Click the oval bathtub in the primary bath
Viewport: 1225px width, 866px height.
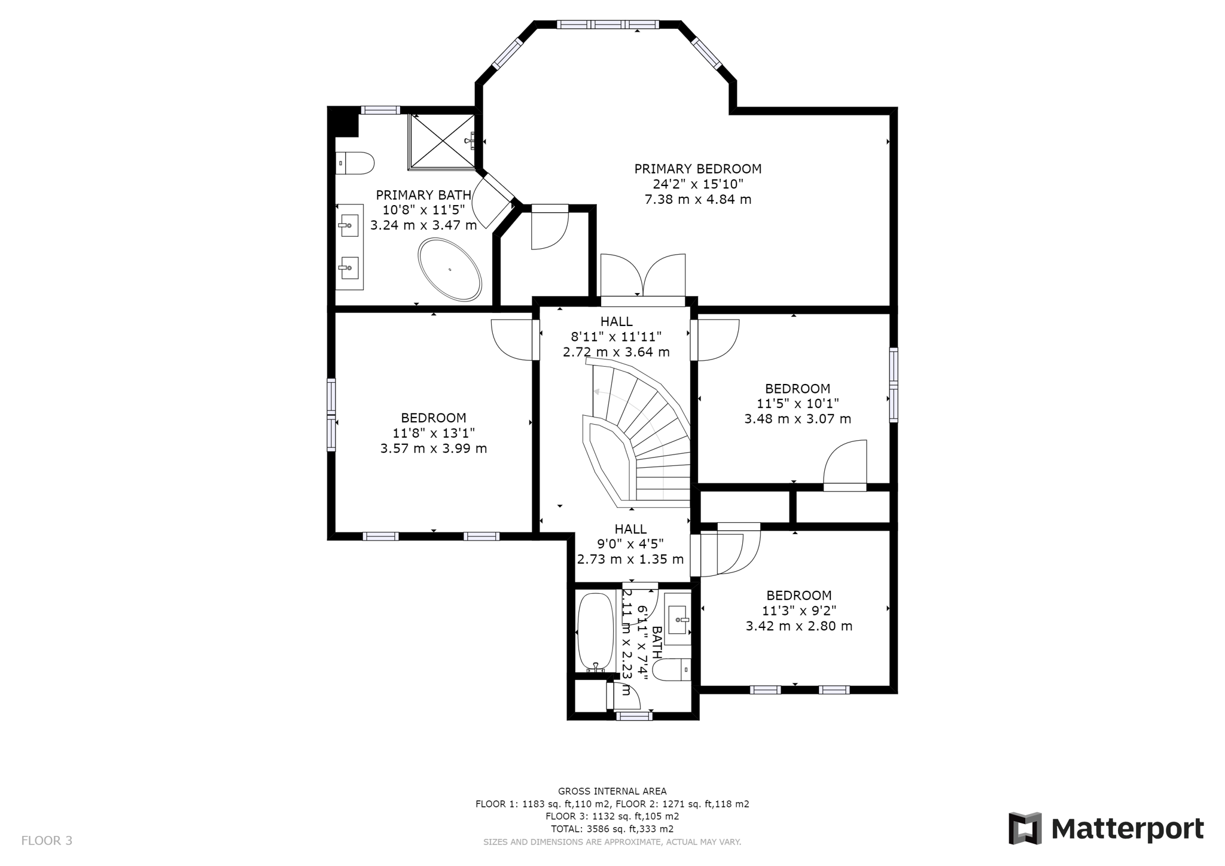[449, 270]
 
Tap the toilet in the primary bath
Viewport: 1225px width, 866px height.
[355, 163]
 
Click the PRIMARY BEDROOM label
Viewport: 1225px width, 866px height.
[698, 169]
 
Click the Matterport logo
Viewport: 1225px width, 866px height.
[1106, 829]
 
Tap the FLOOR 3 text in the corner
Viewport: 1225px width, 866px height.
[47, 841]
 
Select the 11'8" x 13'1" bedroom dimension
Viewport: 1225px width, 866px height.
[434, 433]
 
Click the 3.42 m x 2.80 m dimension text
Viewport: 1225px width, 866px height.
[799, 626]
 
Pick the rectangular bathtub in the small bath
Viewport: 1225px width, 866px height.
[595, 632]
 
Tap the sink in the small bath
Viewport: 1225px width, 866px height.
[678, 620]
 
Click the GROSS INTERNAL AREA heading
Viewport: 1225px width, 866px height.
[612, 791]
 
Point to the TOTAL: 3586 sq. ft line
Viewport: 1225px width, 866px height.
[612, 829]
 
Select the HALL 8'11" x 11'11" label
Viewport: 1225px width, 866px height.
[616, 337]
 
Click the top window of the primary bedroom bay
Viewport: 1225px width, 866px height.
[608, 25]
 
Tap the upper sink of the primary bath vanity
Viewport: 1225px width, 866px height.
[349, 226]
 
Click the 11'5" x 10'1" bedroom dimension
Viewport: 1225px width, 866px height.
[797, 404]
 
